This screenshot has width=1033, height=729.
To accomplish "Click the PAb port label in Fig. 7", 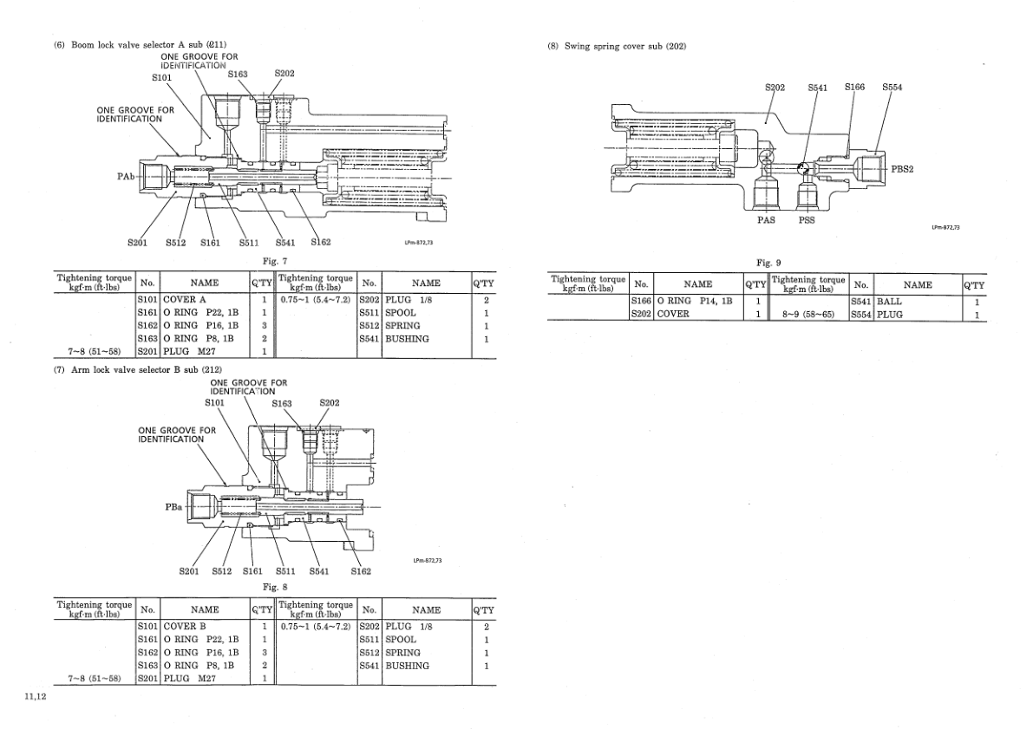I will (126, 177).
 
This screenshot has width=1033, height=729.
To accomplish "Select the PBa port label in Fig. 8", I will (173, 507).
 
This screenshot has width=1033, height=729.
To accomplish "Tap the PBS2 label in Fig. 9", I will (903, 169).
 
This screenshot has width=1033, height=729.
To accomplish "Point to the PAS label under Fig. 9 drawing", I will (765, 219).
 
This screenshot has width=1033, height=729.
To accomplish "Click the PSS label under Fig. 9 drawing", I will (806, 219).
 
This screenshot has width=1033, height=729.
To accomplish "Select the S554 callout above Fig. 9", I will (892, 87).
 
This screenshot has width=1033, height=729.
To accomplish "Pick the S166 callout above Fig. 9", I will (854, 87).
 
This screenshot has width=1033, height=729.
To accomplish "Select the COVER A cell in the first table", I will (185, 299).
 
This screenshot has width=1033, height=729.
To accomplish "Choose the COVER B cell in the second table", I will (185, 625).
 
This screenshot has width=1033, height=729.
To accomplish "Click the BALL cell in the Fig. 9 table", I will (889, 301).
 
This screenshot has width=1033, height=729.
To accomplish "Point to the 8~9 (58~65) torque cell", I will (809, 315).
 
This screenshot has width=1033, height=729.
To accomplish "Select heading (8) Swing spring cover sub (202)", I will (617, 46).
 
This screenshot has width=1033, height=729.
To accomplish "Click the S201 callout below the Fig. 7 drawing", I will (137, 242).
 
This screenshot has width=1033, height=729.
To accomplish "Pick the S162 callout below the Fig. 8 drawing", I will (361, 570).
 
